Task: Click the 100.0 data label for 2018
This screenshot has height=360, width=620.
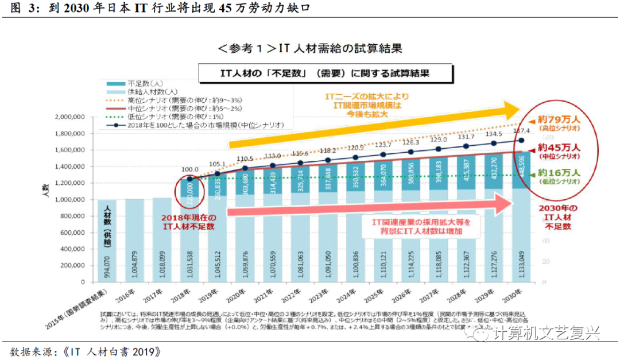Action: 189,170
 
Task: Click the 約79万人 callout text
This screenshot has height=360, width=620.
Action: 559,119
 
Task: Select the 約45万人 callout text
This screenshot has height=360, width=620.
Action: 559,148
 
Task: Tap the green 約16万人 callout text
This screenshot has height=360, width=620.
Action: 559,173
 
